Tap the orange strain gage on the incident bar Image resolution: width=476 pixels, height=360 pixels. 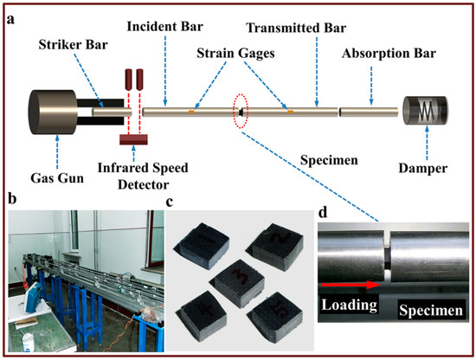point(191,112)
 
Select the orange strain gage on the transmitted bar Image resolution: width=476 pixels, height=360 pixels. point(290,112)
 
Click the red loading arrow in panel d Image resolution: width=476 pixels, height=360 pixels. point(350,282)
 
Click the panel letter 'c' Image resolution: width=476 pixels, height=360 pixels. point(170,204)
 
